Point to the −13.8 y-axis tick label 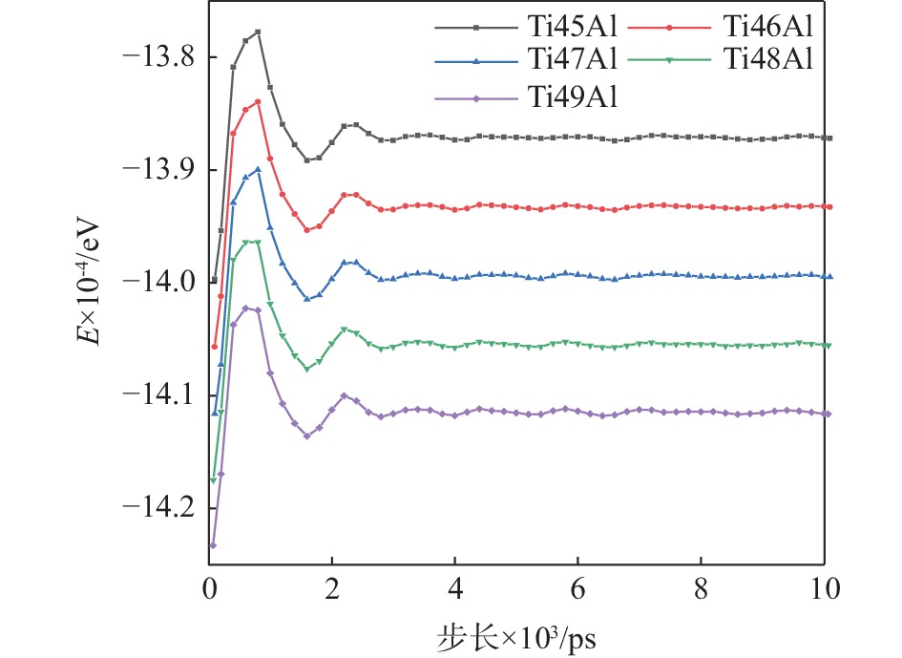(x=158, y=58)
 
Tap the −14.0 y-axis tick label (x=158, y=283)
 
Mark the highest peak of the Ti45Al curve (x=258, y=32)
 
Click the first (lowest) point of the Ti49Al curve (x=212, y=545)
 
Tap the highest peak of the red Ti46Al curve (x=258, y=101)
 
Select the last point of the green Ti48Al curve (x=829, y=345)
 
